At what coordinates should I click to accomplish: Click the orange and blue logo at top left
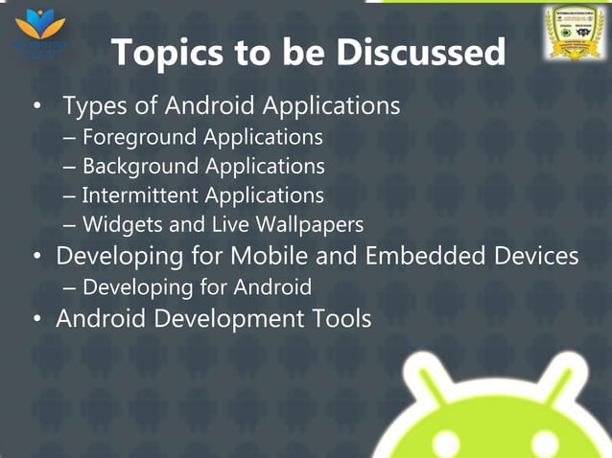click(x=39, y=28)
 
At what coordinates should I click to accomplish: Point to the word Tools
click(x=338, y=318)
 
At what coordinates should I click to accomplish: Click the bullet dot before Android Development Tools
click(x=37, y=319)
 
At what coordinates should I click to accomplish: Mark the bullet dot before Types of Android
click(x=37, y=107)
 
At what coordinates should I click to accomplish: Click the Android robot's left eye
click(x=446, y=443)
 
